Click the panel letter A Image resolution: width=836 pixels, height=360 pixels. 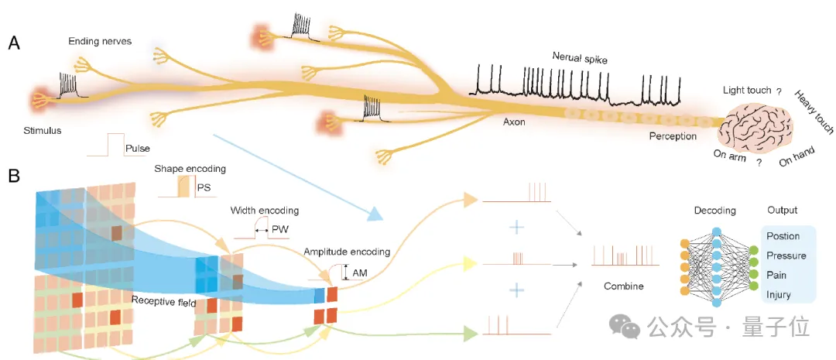pos(14,43)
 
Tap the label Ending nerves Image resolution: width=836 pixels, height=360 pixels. pos(99,41)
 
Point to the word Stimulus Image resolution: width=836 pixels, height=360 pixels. pos(41,130)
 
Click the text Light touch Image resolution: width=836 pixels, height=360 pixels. pos(746,90)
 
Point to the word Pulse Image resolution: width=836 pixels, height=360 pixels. pos(137,147)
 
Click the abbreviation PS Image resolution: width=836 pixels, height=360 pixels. pos(204,187)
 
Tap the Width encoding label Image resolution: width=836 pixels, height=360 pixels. pos(264,210)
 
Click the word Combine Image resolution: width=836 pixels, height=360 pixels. pos(624,286)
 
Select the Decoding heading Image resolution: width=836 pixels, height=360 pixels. pos(714,210)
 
